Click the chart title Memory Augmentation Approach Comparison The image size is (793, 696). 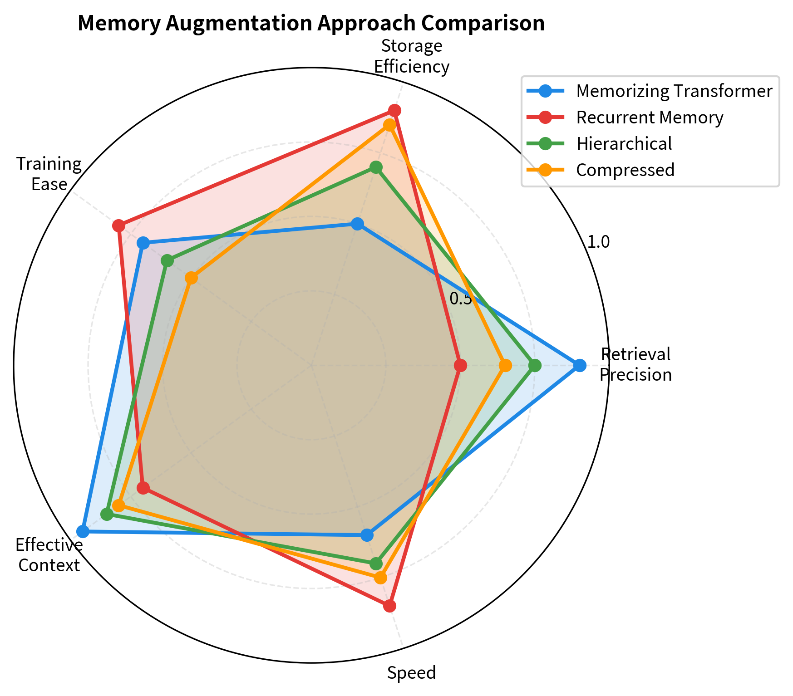point(311,24)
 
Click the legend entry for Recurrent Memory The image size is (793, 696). point(650,118)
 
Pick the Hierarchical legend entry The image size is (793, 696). point(624,144)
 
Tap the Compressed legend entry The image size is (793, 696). point(625,170)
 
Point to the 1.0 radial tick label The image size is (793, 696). point(598,242)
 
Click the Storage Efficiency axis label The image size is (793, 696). point(412,56)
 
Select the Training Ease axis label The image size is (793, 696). point(49,174)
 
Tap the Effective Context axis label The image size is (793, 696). point(49,555)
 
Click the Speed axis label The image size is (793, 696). point(411,673)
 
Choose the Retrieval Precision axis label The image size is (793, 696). point(635,364)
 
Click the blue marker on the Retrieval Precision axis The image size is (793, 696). point(579,365)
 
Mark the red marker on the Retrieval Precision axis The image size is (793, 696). point(460,365)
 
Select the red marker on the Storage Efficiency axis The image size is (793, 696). point(394,111)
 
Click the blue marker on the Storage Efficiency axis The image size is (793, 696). point(357,224)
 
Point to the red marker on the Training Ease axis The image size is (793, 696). point(118,225)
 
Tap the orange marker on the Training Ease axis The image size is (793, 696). point(191,278)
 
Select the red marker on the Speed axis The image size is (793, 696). point(389,606)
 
